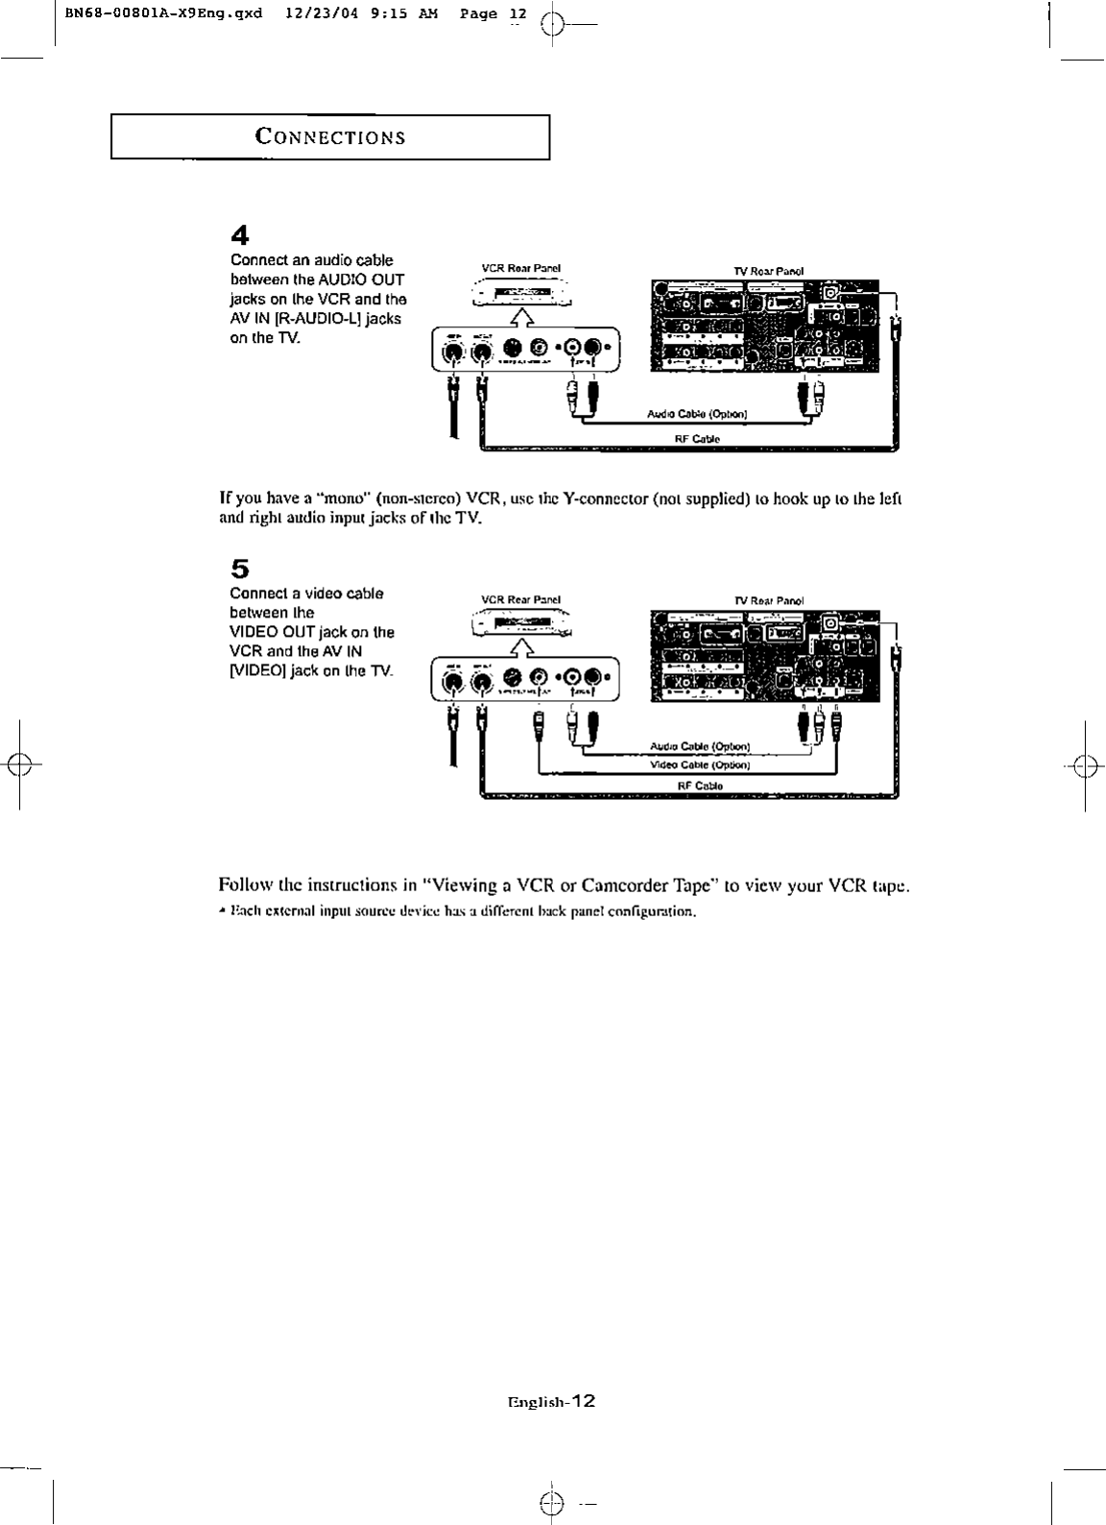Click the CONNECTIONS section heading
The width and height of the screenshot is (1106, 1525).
(330, 136)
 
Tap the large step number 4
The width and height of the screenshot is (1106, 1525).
(240, 235)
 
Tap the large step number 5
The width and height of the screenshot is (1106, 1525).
(240, 569)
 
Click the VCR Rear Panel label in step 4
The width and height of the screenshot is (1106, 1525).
(520, 269)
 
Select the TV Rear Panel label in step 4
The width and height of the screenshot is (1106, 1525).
(769, 271)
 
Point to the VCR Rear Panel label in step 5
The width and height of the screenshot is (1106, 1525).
(520, 600)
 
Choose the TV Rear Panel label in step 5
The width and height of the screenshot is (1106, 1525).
(769, 600)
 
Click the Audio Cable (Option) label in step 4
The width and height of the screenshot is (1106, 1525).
(698, 415)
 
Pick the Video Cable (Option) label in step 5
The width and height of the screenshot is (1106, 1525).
(700, 765)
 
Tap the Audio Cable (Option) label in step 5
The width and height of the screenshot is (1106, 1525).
(700, 746)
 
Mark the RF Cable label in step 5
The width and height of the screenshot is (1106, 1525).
(700, 786)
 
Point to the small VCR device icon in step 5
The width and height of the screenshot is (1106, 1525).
(520, 625)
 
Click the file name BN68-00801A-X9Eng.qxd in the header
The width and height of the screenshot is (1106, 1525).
(152, 14)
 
